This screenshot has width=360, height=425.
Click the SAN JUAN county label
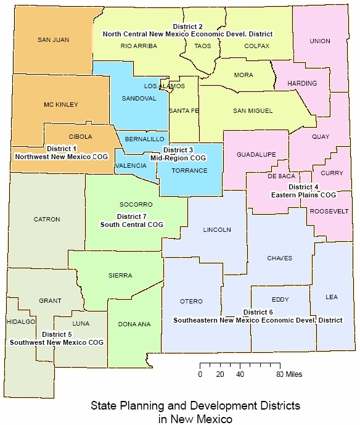53,40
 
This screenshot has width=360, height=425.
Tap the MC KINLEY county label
60,105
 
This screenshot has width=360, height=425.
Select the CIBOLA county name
81,137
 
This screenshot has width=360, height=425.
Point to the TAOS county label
202,46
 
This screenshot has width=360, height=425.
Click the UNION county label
320,41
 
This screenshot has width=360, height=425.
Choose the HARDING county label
303,83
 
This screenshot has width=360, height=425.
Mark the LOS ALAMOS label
164,86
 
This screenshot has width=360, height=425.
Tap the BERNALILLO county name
144,140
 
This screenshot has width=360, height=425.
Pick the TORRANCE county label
189,171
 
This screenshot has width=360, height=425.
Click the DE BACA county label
281,176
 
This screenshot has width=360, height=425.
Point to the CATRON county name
47,219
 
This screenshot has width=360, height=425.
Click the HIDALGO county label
22,322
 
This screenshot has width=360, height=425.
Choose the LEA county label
332,297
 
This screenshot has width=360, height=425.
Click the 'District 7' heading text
132,217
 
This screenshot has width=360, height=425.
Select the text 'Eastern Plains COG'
303,195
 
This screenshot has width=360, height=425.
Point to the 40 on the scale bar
240,374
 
